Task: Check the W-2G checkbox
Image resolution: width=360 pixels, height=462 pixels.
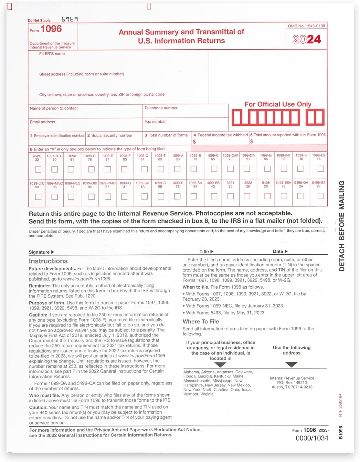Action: [x=38, y=169]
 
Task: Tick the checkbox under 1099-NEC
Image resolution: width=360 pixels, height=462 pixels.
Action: [x=71, y=197]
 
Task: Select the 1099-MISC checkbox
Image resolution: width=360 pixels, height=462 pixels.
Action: [x=55, y=197]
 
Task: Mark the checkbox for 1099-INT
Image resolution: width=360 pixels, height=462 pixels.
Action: [x=284, y=169]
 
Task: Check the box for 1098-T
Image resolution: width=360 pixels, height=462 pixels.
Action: [x=161, y=169]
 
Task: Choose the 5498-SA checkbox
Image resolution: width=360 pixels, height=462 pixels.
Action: [x=321, y=196]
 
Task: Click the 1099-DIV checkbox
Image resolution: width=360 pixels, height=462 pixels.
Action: [x=247, y=169]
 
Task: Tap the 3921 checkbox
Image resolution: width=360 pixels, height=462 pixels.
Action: [x=230, y=196]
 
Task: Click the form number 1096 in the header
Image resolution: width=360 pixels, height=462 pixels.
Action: [x=51, y=29]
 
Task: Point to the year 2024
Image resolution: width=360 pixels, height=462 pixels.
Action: [x=306, y=39]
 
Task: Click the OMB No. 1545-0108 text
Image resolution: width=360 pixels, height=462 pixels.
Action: [x=306, y=26]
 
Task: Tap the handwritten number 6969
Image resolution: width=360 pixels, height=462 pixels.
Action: [x=69, y=19]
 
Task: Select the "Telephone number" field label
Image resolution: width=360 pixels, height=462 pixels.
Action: [x=161, y=108]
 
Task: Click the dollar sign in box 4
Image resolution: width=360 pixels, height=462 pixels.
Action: [x=194, y=142]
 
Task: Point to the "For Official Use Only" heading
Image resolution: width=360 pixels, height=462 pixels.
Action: [x=278, y=104]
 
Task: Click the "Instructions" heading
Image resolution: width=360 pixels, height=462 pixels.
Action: [x=48, y=261]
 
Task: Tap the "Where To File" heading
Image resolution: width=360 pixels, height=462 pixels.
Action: [x=201, y=322]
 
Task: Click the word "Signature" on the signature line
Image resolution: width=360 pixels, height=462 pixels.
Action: [x=39, y=252]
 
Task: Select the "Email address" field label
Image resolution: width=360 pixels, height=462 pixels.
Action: [x=42, y=122]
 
